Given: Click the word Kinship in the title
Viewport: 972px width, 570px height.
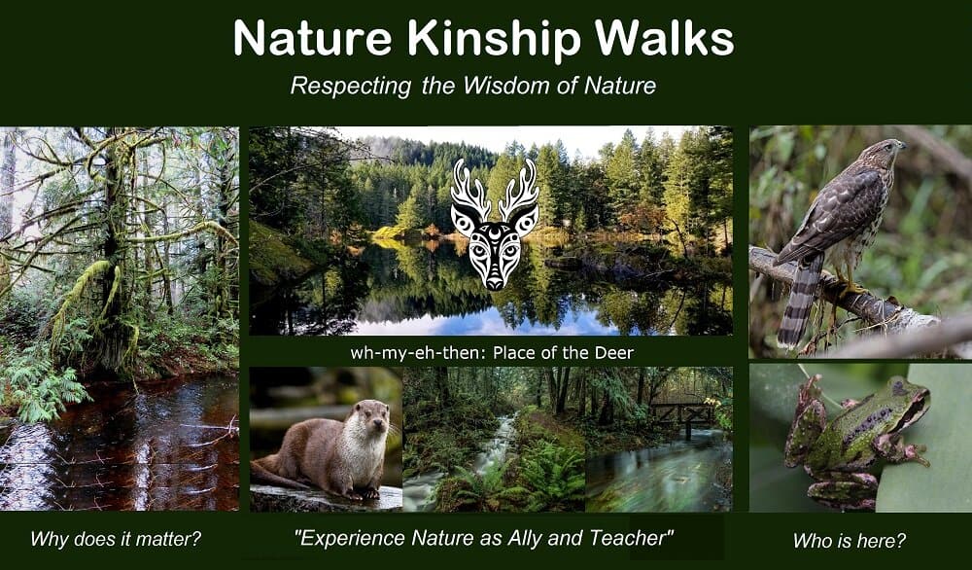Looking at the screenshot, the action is click(x=494, y=39).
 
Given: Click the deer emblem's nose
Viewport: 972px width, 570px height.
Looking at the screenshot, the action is click(x=494, y=283).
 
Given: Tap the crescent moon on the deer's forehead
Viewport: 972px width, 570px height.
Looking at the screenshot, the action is click(x=494, y=233).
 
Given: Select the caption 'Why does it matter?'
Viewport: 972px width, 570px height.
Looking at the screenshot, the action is click(x=116, y=538).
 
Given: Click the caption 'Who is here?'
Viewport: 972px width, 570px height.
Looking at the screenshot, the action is click(x=850, y=541).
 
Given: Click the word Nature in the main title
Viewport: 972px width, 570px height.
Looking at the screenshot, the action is click(x=313, y=39).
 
